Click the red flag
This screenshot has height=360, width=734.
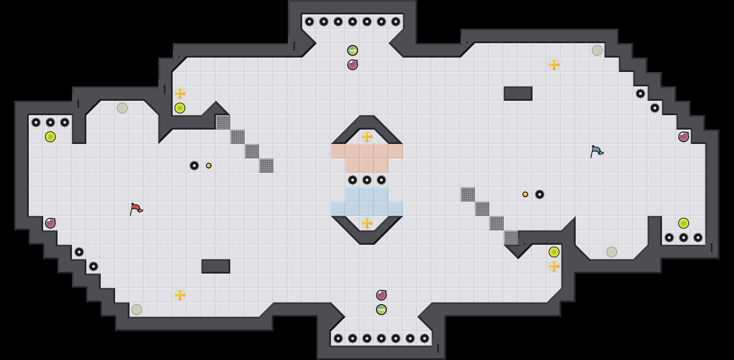point(136,208)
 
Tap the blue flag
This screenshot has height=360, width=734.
point(596,151)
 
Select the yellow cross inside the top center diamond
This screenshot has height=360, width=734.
point(367,137)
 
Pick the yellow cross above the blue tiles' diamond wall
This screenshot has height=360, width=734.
point(367,223)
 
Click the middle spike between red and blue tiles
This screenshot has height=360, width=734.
point(367,180)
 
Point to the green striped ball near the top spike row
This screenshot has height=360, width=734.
point(353,50)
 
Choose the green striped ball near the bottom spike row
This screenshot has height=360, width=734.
point(381,310)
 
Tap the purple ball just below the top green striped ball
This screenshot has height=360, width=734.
point(353,65)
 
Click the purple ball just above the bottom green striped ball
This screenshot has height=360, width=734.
point(381,295)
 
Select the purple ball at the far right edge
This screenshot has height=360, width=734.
point(684,137)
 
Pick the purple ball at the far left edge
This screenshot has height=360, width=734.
point(50,223)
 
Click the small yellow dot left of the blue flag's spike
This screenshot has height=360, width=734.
point(525,194)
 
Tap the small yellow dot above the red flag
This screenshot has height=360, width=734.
point(209,166)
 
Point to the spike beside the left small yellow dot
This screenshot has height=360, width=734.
point(194,166)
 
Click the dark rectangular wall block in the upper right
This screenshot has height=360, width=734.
point(518,94)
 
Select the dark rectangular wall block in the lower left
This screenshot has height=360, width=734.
point(216,266)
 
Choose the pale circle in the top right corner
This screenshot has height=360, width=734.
point(597,50)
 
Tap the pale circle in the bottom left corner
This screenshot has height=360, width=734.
point(137,310)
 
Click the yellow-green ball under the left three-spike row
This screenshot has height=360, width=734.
point(50,137)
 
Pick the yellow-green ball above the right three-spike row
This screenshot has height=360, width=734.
point(684,223)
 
